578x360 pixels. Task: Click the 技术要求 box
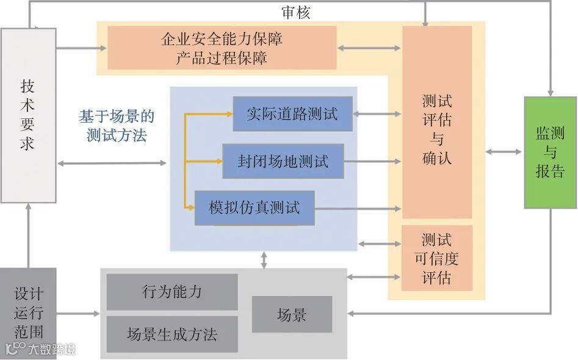coord(28,115)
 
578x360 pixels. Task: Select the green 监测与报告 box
coord(550,153)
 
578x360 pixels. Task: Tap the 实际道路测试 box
coord(292,113)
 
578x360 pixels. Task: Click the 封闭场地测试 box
coord(283,161)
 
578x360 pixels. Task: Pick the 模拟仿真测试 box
coord(255,208)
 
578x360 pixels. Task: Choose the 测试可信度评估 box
coord(437,259)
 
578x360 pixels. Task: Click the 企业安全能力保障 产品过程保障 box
coord(222,48)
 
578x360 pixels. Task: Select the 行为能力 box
coord(172,292)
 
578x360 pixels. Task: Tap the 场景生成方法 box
coord(172,334)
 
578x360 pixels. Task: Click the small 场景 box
coord(292,315)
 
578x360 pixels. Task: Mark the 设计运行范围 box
coord(28,313)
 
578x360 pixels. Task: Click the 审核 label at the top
coord(295,13)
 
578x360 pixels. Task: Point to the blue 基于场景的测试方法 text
coord(117,126)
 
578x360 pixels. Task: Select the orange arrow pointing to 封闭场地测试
coord(204,161)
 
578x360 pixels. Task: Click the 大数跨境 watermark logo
coord(40,350)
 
